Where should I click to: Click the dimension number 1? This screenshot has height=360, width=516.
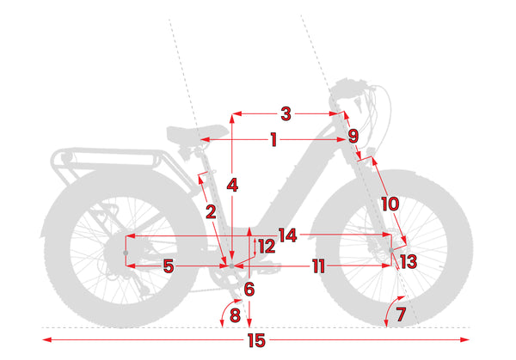(273, 140)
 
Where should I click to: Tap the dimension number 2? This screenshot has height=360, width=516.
(211, 211)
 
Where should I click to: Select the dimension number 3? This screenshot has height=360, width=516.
(286, 113)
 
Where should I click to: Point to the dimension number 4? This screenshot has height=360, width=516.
(232, 186)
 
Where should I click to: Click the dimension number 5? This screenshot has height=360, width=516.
(169, 266)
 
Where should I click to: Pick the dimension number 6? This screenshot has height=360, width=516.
(249, 290)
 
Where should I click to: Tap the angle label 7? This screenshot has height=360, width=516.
(401, 314)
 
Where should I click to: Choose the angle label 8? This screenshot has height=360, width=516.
(235, 315)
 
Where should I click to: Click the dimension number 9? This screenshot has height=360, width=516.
(353, 136)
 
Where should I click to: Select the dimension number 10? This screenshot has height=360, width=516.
(390, 204)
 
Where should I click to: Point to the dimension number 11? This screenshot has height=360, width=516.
(318, 266)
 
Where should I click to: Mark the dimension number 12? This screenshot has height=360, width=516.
(267, 247)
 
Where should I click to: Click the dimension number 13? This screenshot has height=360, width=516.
(409, 262)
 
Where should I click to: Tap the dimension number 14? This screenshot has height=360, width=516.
(288, 235)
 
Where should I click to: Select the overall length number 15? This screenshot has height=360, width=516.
(256, 340)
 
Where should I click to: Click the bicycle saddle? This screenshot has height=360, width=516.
(197, 133)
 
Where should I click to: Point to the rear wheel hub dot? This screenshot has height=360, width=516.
(126, 253)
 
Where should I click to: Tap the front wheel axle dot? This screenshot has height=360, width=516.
(391, 250)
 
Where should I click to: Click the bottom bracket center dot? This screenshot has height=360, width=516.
(231, 266)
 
